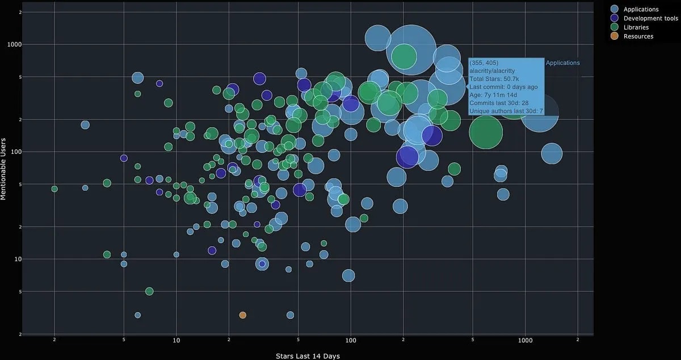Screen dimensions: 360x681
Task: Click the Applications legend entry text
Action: pyautogui.click(x=641, y=9)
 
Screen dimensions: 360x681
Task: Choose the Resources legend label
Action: pyautogui.click(x=638, y=36)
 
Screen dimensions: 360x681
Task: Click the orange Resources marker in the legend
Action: pyautogui.click(x=615, y=36)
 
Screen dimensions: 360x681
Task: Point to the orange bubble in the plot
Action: pyautogui.click(x=243, y=315)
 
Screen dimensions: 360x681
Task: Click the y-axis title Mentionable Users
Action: pyautogui.click(x=3, y=168)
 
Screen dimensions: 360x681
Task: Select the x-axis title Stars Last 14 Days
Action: pyautogui.click(x=308, y=356)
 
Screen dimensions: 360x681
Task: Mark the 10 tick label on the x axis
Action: pyautogui.click(x=176, y=341)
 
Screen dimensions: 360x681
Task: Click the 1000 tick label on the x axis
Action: pyautogui.click(x=525, y=341)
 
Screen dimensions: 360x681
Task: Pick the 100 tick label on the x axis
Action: pyautogui.click(x=350, y=341)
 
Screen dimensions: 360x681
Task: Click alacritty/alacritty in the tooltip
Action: pyautogui.click(x=492, y=71)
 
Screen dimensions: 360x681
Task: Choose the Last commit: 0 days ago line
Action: pyautogui.click(x=503, y=87)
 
